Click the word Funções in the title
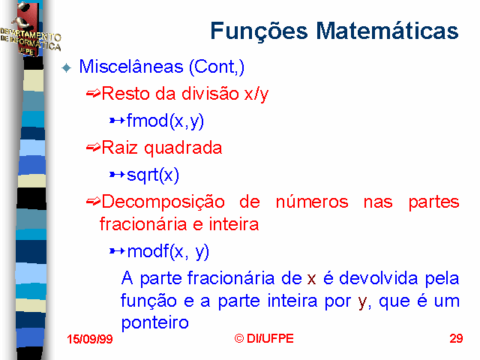[259, 31]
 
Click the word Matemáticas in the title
[387, 31]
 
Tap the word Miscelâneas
[131, 67]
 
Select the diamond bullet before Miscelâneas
[67, 67]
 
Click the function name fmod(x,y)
[165, 121]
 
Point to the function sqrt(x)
[153, 175]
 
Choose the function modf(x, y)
[168, 252]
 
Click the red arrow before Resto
[93, 93]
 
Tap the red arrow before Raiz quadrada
[93, 148]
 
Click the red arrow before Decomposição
[93, 202]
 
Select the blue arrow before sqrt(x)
[117, 175]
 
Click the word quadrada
[183, 148]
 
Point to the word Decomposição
[163, 202]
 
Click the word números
[312, 202]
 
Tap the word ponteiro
[155, 323]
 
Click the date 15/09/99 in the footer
[90, 339]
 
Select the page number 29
[456, 338]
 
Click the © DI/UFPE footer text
[264, 338]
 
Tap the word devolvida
[378, 278]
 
